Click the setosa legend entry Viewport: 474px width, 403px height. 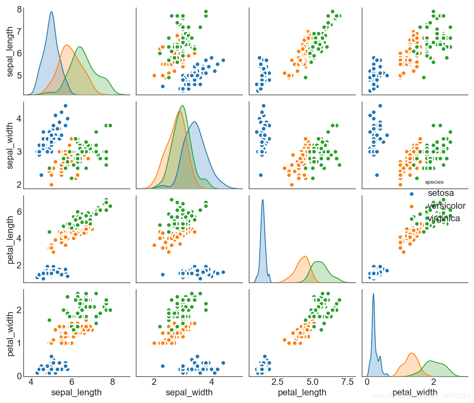443,193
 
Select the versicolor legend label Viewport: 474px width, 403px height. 446,206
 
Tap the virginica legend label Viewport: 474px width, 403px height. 444,218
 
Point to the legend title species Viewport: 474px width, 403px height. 434,182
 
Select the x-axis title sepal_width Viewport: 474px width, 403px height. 189,392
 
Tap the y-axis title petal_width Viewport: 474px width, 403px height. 10,332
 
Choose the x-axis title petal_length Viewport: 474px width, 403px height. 302,392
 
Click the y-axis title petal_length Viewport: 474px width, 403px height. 10,239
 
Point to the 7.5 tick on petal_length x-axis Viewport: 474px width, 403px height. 346,382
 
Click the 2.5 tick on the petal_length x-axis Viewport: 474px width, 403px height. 280,382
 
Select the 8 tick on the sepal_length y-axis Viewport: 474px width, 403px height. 17,10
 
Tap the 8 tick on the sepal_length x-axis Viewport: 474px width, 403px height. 112,382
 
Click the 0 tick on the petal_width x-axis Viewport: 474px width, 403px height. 367,382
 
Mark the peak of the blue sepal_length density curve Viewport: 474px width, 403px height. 51,12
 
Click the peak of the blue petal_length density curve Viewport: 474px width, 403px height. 263,199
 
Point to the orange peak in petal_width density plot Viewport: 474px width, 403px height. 411,353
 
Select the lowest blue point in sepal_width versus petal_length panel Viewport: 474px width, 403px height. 260,175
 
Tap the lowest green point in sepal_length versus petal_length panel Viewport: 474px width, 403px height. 305,77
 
